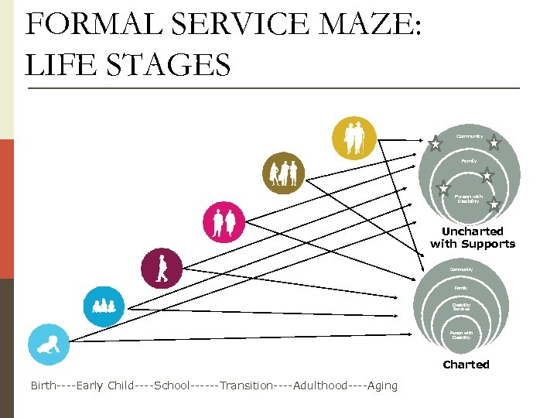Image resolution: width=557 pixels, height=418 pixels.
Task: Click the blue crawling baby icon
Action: tap(48, 344)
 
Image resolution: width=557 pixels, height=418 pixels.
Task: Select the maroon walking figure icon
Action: tap(162, 268)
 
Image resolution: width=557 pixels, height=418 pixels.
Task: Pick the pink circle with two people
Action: tap(224, 222)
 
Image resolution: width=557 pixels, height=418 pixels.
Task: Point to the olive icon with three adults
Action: tap(283, 173)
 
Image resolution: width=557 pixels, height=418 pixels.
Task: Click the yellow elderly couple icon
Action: tap(354, 137)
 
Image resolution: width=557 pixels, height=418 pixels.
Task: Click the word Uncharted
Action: tap(472, 231)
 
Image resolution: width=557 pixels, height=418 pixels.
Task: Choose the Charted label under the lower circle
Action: tap(466, 365)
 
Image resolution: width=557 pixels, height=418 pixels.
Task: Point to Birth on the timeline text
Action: tap(43, 385)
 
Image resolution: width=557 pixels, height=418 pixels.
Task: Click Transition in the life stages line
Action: tap(246, 385)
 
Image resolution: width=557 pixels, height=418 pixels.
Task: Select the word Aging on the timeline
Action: tap(382, 385)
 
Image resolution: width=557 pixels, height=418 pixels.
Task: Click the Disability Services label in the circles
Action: tap(461, 307)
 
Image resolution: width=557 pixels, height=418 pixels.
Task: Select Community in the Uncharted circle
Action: tap(470, 137)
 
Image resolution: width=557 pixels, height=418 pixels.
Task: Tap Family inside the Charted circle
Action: tap(461, 287)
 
